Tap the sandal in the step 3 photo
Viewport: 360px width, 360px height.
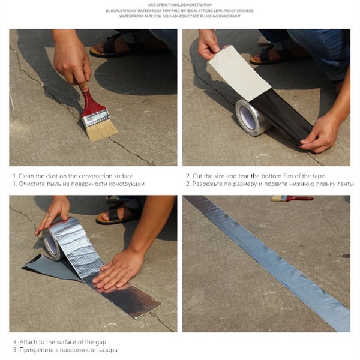click(x=118, y=213)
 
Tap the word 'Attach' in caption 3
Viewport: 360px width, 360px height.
click(x=29, y=342)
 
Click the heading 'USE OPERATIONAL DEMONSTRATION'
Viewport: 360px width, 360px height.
click(x=179, y=5)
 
